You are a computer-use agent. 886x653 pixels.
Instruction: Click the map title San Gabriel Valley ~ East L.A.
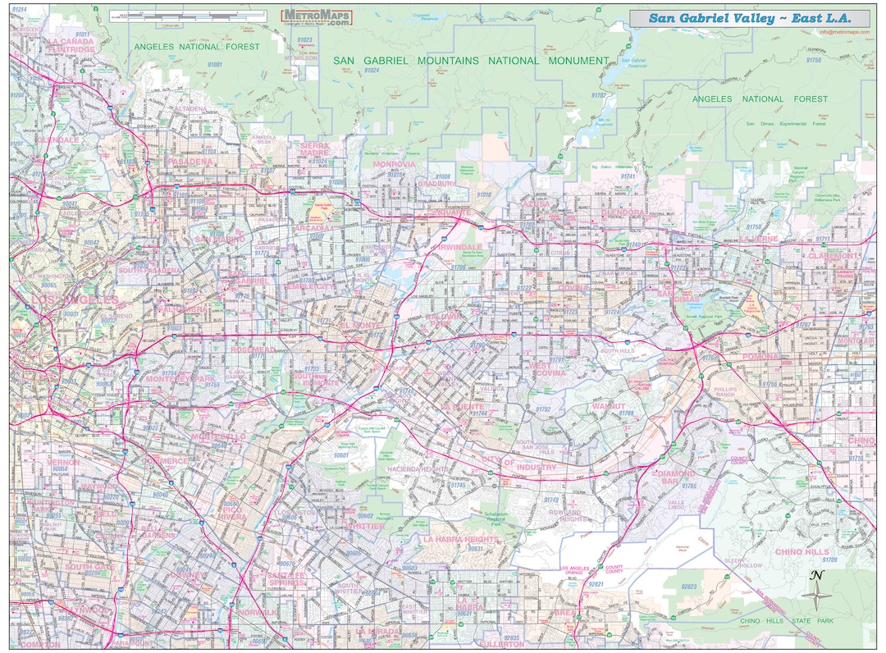point(749,18)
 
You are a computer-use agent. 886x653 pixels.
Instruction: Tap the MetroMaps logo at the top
point(317,17)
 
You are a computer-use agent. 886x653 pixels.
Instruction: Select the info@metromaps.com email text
point(843,32)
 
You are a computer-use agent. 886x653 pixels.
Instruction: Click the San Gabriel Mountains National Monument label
point(471,61)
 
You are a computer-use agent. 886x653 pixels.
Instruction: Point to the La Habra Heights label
point(460,539)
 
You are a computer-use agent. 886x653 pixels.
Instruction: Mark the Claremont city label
point(833,256)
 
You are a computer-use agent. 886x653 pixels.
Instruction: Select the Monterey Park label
point(178,379)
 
